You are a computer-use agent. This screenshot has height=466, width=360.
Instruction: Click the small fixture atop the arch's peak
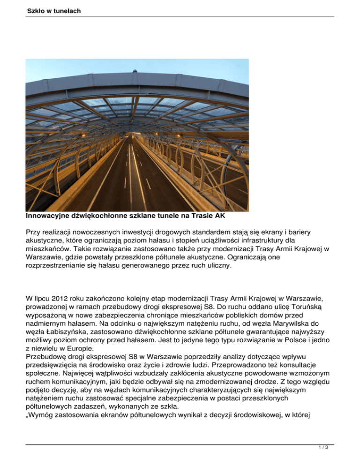coord(135,71)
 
